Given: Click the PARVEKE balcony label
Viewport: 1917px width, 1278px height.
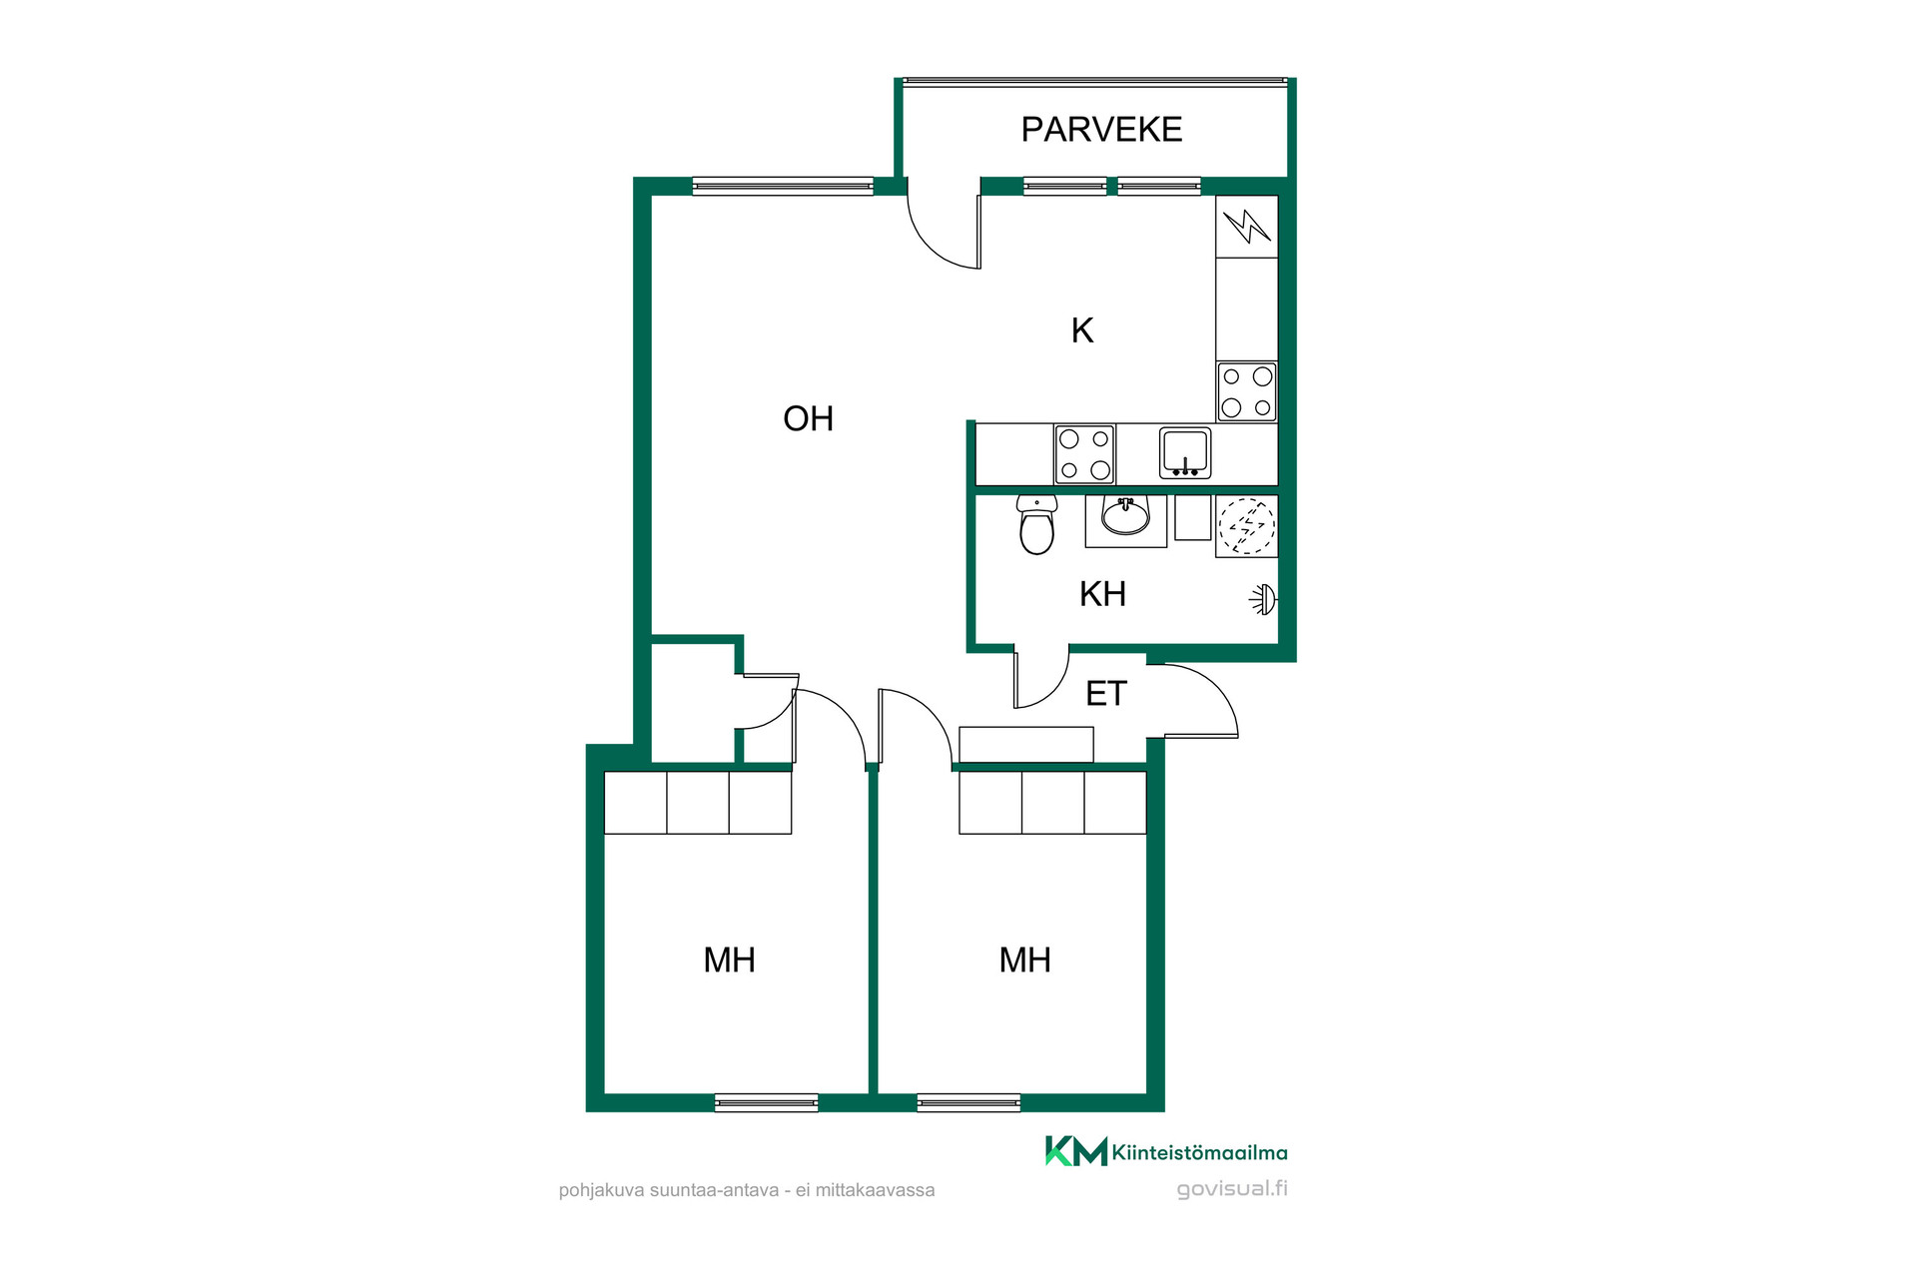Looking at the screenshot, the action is click(x=1101, y=129).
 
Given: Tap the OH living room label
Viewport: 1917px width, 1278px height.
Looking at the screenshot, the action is click(x=808, y=418).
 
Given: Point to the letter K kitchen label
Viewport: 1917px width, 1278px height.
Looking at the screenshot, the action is click(x=1082, y=330).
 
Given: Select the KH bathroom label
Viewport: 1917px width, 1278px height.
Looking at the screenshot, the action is click(x=1102, y=594).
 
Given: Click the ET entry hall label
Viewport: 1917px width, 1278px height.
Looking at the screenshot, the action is click(x=1105, y=693).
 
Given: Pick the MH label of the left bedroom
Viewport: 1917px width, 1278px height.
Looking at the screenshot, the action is click(x=729, y=959).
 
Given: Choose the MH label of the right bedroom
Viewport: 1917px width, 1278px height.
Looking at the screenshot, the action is click(x=1024, y=959).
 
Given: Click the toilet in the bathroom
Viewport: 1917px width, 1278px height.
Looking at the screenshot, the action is click(x=1036, y=525).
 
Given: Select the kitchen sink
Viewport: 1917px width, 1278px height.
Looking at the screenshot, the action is click(x=1185, y=453).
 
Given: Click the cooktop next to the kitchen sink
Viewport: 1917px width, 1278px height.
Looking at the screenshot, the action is click(x=1084, y=454).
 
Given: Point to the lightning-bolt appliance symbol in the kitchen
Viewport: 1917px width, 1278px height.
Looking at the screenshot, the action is click(x=1247, y=226).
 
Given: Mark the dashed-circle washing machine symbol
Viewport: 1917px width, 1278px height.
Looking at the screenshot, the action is click(x=1247, y=526).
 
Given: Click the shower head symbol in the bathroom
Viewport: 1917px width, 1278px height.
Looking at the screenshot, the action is click(x=1264, y=600).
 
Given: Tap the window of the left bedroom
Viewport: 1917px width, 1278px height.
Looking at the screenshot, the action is click(x=767, y=1102).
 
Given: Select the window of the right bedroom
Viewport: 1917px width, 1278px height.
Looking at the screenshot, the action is click(x=968, y=1102).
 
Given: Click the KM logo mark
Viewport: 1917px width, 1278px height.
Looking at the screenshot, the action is click(x=1076, y=1151).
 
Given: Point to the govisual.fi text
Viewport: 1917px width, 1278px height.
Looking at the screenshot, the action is click(x=1232, y=1189).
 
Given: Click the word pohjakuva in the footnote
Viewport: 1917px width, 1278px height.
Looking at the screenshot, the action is click(x=602, y=1190).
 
